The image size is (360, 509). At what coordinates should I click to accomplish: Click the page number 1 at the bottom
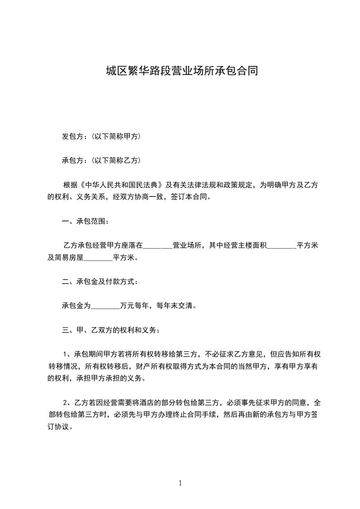(180, 483)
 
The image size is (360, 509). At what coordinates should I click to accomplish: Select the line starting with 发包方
(101, 136)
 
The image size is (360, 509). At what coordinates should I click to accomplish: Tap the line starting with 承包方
(101, 160)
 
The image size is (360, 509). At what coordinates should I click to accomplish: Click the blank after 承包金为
(105, 306)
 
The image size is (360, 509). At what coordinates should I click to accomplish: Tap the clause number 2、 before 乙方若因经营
(68, 402)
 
